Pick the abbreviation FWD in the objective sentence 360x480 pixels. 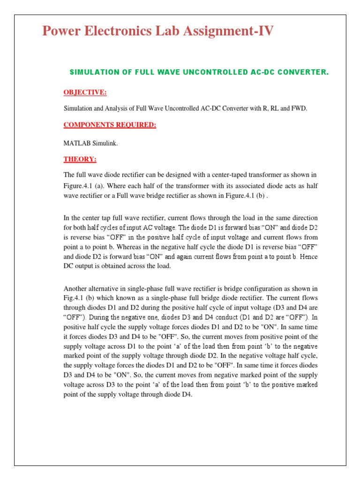298,108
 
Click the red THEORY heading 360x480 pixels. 80,159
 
